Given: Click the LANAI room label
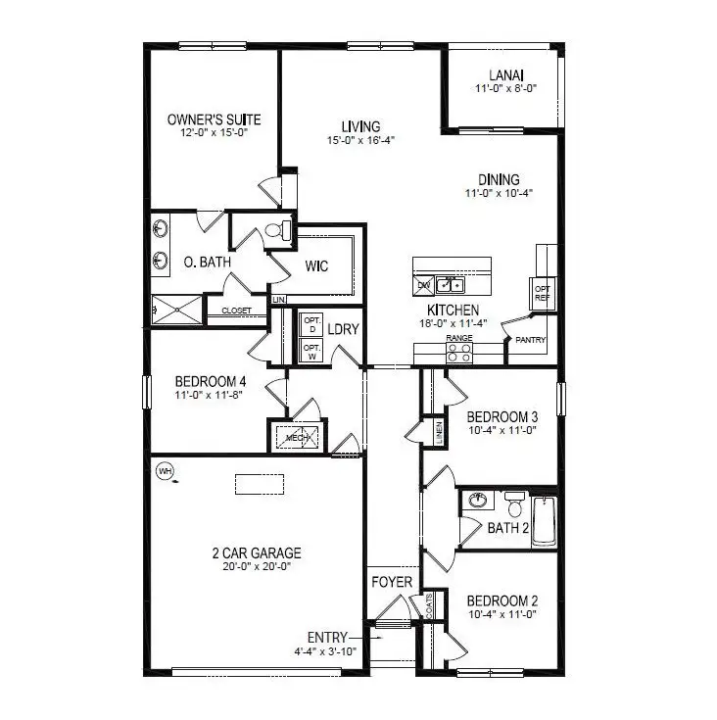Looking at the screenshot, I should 506,74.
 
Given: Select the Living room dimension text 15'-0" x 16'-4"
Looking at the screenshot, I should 360,140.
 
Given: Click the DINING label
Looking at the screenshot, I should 499,179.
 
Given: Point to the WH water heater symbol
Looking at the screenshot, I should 165,471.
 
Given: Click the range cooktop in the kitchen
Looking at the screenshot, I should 459,353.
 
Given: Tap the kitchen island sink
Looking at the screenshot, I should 451,285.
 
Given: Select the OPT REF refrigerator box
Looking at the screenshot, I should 542,293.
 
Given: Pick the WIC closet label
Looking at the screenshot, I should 315,266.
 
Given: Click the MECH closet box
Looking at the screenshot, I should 298,437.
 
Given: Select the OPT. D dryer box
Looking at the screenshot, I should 311,324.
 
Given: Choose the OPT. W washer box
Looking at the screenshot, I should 311,351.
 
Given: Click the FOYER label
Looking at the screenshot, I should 391,583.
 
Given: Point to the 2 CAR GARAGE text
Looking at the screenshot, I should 256,552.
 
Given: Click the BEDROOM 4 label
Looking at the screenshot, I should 208,382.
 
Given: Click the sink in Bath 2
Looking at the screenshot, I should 478,500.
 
